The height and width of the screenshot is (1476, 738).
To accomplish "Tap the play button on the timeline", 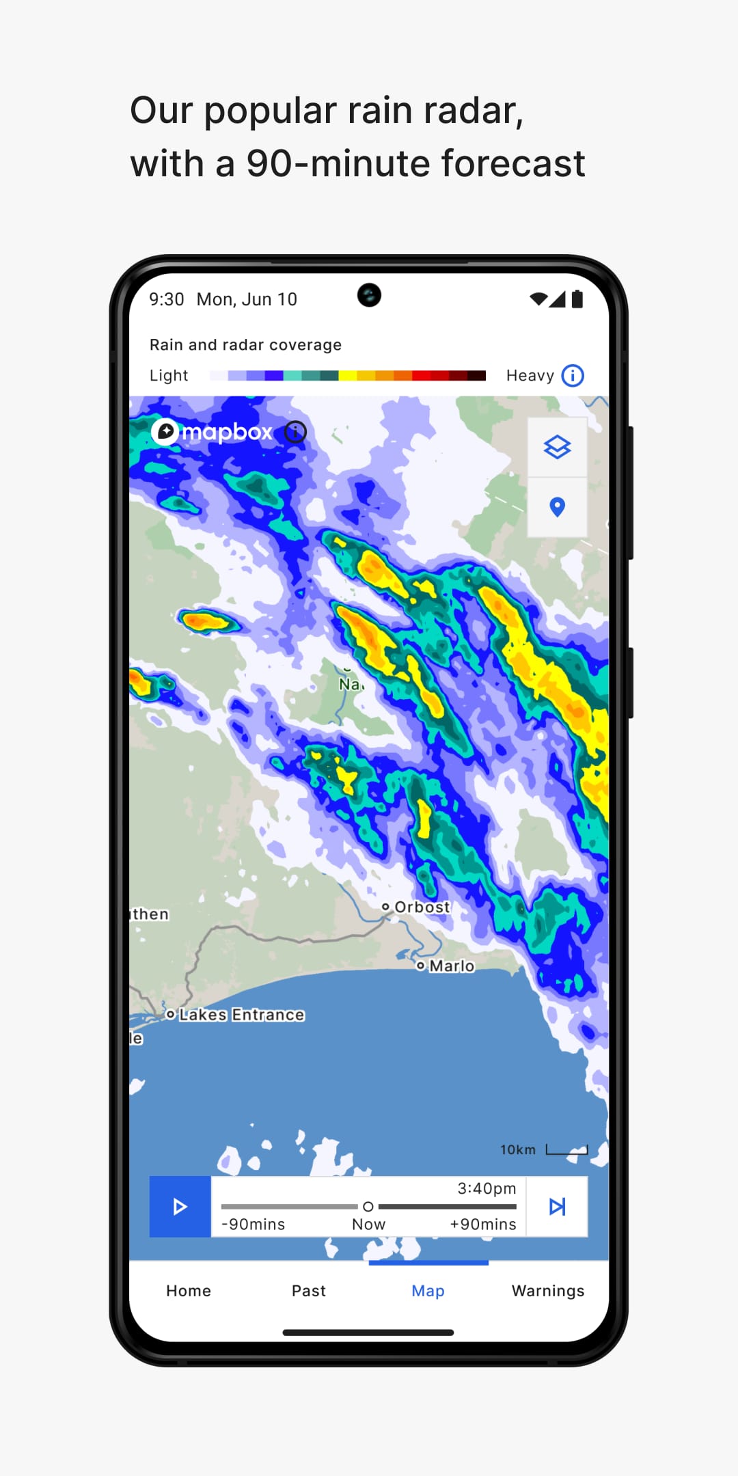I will pyautogui.click(x=180, y=1207).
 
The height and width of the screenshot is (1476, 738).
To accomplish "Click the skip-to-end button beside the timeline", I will pyautogui.click(x=557, y=1207).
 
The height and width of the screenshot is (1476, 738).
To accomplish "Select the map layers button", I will pyautogui.click(x=557, y=448).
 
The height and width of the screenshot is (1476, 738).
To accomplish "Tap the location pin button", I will pyautogui.click(x=557, y=507).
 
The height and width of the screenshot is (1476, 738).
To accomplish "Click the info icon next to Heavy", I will pyautogui.click(x=573, y=375).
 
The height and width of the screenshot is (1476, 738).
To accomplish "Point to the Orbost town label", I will pyautogui.click(x=422, y=907).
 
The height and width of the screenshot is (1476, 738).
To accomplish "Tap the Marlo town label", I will pyautogui.click(x=452, y=966).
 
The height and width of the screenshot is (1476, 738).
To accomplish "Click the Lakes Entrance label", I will pyautogui.click(x=241, y=1015).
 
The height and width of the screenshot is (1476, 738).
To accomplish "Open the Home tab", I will pyautogui.click(x=189, y=1291).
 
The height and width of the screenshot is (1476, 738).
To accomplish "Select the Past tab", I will pyautogui.click(x=309, y=1291).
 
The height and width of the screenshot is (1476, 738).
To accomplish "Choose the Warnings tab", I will pyautogui.click(x=548, y=1291).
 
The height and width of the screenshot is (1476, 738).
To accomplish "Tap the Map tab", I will pyautogui.click(x=428, y=1291).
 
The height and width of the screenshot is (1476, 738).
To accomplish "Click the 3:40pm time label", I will pyautogui.click(x=487, y=1188).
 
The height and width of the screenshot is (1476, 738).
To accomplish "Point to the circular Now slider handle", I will pyautogui.click(x=368, y=1207).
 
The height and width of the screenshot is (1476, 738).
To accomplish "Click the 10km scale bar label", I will pyautogui.click(x=518, y=1150).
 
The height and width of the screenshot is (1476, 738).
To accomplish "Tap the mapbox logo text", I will pyautogui.click(x=227, y=432).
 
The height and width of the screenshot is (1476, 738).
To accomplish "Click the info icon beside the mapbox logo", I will pyautogui.click(x=296, y=432).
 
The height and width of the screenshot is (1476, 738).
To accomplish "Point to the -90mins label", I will pyautogui.click(x=254, y=1225).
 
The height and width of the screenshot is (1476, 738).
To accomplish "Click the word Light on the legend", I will pyautogui.click(x=169, y=376).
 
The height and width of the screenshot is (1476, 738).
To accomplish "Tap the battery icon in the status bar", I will pyautogui.click(x=577, y=299).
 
